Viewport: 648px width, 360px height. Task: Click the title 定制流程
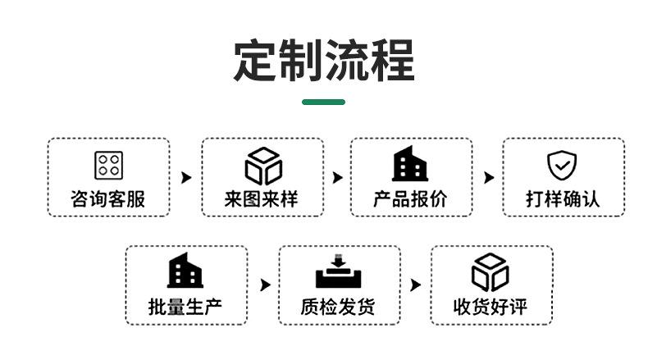coord(324,59)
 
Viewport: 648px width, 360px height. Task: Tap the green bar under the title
coord(324,103)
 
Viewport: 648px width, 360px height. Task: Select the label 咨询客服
coord(108,198)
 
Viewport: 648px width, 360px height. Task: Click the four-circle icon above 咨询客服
coord(108,165)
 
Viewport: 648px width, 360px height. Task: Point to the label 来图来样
coord(262,198)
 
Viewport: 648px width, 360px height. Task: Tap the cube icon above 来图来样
coord(262,165)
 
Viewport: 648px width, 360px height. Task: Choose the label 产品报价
coord(411,198)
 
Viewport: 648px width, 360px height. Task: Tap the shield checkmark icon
coord(562,165)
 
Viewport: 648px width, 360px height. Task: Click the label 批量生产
coord(185,308)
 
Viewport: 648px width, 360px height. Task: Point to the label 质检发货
coord(338,308)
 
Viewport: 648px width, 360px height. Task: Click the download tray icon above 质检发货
coord(338,272)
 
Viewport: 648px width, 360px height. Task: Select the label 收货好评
coord(491,308)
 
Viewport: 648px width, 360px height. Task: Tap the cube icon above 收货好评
coord(491,272)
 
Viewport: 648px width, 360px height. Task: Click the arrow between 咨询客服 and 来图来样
coord(186,177)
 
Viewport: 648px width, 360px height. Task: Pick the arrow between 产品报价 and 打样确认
coord(489,177)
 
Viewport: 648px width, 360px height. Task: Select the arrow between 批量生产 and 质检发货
coord(264,285)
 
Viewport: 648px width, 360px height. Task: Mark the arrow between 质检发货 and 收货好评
coord(416,285)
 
